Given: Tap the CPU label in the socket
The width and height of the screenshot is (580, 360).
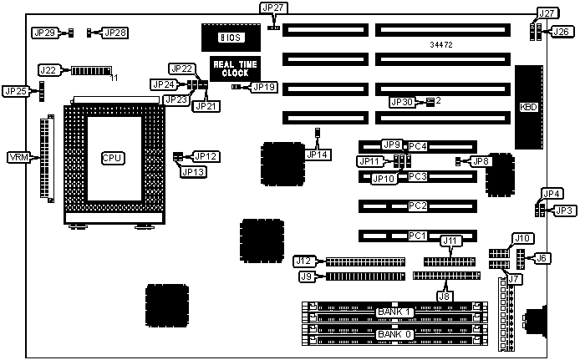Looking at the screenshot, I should point(112,157).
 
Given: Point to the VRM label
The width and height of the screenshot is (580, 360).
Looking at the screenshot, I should point(18,157).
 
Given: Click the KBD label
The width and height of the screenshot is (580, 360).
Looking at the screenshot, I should point(527,107).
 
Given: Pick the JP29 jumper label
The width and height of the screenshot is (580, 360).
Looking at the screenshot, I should point(43,33).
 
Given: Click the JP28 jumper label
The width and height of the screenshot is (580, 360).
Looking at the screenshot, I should point(115,33).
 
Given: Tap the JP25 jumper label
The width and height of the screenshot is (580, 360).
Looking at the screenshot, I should point(14,90).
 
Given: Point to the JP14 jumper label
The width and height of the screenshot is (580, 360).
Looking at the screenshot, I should point(317,154).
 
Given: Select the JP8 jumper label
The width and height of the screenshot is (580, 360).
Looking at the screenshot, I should point(480,160).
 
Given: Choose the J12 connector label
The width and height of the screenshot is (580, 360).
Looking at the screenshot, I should point(304,261).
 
